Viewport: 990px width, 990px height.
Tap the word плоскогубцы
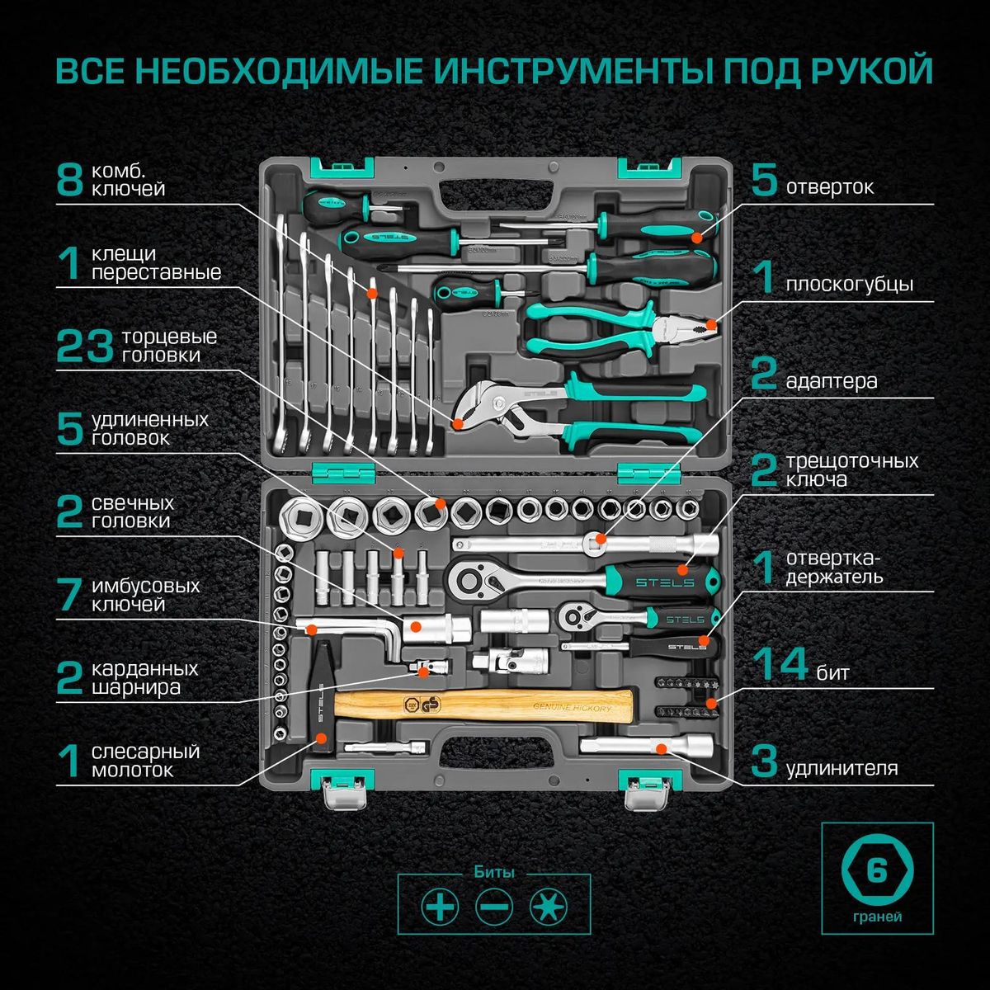[x=849, y=285]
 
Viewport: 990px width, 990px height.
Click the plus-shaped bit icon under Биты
[x=440, y=908]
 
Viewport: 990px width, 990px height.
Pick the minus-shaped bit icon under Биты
[x=494, y=908]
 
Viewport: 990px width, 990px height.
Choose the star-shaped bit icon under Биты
[x=549, y=908]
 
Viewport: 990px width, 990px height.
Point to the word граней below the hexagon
[x=877, y=917]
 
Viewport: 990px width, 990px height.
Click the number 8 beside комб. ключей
[x=70, y=180]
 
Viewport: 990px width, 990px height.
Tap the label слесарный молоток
[x=145, y=761]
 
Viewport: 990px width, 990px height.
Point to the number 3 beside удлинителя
[x=764, y=761]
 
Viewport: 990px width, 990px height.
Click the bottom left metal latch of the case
[x=343, y=795]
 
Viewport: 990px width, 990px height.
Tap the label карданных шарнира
[x=145, y=677]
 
